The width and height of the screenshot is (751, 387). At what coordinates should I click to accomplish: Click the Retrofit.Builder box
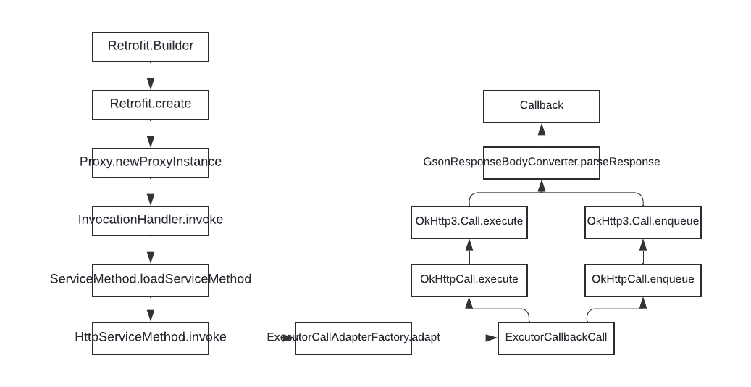pos(151,46)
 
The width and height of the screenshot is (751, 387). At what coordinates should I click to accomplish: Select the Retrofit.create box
pos(151,104)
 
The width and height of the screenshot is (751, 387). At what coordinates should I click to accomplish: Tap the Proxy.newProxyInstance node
pos(151,162)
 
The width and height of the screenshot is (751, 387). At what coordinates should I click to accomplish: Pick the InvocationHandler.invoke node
pos(151,220)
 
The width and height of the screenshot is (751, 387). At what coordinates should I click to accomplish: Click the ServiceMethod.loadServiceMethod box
pos(151,280)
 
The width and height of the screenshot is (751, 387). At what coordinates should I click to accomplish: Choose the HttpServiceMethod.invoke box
pos(151,338)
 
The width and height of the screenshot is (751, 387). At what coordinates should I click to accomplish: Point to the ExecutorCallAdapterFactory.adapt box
pos(353,338)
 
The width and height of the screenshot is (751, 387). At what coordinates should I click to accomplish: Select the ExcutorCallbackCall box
pos(556,338)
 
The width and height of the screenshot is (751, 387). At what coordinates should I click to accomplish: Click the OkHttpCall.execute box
pos(469,280)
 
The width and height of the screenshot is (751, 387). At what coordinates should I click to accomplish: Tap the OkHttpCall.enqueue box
pos(643,280)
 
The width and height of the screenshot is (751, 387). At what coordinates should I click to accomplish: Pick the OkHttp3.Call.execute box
pos(469,222)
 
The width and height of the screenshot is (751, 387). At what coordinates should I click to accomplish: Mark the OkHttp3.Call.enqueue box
pos(643,222)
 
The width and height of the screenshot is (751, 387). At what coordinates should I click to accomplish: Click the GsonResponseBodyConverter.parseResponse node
pos(542,162)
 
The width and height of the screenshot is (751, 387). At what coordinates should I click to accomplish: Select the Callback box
pos(542,106)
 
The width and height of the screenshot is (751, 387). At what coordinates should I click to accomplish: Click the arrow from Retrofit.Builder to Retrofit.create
pos(151,76)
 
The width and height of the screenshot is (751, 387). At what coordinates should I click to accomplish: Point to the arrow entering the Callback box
pos(542,135)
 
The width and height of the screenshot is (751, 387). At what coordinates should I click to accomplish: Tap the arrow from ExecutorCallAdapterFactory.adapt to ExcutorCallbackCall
pos(455,338)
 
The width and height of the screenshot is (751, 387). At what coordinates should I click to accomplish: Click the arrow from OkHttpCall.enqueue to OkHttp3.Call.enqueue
pos(643,251)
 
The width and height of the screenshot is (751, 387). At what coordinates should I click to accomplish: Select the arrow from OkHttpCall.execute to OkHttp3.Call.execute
pos(469,251)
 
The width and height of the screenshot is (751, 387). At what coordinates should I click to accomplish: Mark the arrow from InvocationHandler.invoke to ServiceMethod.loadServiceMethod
pos(151,250)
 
